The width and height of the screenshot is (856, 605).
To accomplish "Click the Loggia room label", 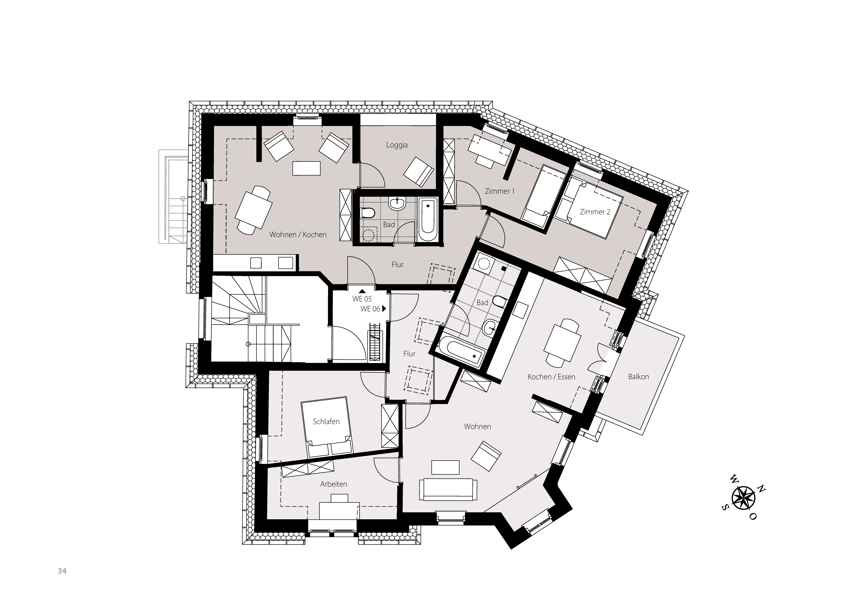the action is pyautogui.click(x=397, y=145).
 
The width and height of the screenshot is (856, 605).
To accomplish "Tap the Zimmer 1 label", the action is pyautogui.click(x=500, y=191).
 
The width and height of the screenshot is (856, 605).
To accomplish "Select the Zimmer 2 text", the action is pyautogui.click(x=595, y=212).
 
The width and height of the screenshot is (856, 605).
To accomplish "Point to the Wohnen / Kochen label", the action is pyautogui.click(x=298, y=235).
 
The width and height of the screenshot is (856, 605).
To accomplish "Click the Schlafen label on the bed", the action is pyautogui.click(x=326, y=422).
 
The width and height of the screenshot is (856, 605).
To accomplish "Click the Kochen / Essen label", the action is pyautogui.click(x=551, y=377).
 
